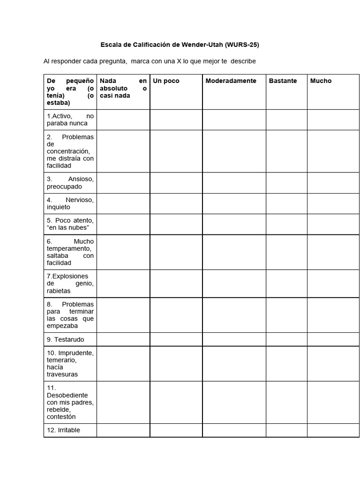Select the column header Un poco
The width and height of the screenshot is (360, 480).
pos(166,81)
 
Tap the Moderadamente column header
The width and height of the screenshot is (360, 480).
pos(231,81)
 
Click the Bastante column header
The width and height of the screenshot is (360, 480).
pos(283,81)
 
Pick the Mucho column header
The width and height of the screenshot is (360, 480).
pos(321,81)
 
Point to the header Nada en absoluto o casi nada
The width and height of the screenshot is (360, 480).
pos(123,88)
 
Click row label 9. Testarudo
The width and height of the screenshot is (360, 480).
pos(65,339)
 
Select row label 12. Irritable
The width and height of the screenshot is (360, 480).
pos(63,430)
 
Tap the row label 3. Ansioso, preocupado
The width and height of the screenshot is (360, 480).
pos(70,183)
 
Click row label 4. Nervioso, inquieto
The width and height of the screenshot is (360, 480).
pos(70,203)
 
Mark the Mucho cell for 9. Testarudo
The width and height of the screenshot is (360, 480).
pos(333,339)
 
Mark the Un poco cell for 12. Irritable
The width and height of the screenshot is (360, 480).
pos(176,430)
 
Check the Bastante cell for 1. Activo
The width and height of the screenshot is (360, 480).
pos(286,120)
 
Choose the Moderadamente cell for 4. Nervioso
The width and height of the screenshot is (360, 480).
pos(234,203)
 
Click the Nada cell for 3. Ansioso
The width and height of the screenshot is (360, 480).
pos(123,183)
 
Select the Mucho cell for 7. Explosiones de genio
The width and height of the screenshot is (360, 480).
pos(333,284)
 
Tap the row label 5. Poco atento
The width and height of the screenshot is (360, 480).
pos(70,224)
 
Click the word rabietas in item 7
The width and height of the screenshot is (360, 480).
pos(59,291)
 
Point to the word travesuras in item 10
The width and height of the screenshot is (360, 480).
pos(62,375)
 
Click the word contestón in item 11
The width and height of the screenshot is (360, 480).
pos(61,417)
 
